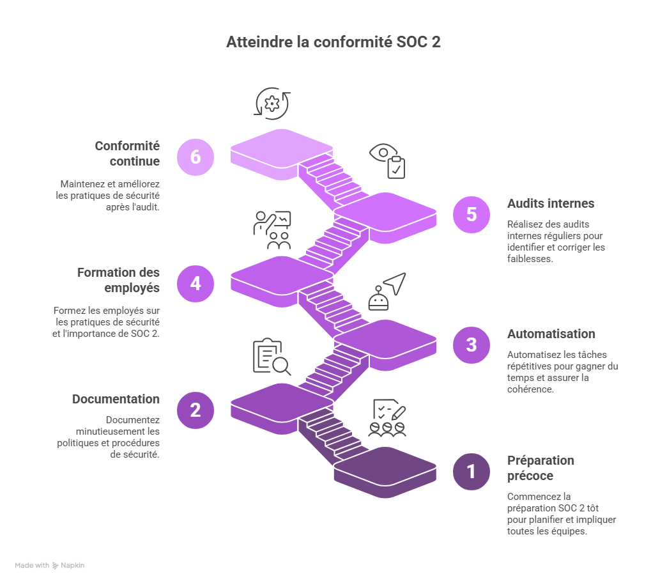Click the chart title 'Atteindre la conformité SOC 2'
(x=333, y=42)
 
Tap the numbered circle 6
(x=195, y=157)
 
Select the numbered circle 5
(x=471, y=214)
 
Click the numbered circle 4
(x=195, y=283)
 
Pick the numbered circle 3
(x=471, y=345)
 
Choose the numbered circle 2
(x=195, y=410)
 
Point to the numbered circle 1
(x=471, y=472)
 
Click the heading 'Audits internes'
(x=551, y=204)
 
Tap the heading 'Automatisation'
(x=551, y=334)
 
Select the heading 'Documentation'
(x=116, y=399)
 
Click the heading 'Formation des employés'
(x=118, y=280)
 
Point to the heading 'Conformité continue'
(x=127, y=153)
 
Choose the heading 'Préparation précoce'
(x=540, y=468)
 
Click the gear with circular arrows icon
(x=273, y=104)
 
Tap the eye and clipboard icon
(x=388, y=160)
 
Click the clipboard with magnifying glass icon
(x=271, y=356)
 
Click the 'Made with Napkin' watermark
(x=50, y=566)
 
